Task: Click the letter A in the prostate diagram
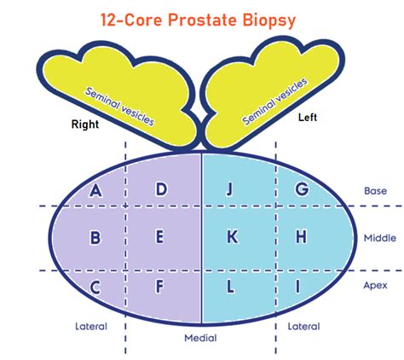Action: pyautogui.click(x=95, y=190)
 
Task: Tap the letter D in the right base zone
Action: pyautogui.click(x=161, y=189)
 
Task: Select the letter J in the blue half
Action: pyautogui.click(x=229, y=189)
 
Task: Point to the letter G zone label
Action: pyautogui.click(x=302, y=189)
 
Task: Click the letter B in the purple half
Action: pyautogui.click(x=95, y=238)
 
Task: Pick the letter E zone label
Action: pyautogui.click(x=160, y=236)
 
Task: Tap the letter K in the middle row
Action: pyautogui.click(x=233, y=236)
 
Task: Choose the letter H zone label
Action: pyautogui.click(x=302, y=236)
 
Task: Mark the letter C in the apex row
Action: pyautogui.click(x=95, y=287)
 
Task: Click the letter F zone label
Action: pyautogui.click(x=160, y=287)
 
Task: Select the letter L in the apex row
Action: pyautogui.click(x=230, y=287)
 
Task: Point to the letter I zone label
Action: pyautogui.click(x=297, y=287)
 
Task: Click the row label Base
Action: pyautogui.click(x=375, y=191)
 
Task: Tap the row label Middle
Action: pyautogui.click(x=380, y=238)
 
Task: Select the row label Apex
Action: pyautogui.click(x=375, y=285)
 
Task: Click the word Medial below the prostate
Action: pyautogui.click(x=200, y=338)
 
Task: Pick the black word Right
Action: pyautogui.click(x=85, y=125)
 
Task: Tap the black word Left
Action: pyautogui.click(x=308, y=117)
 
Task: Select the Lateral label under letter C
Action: pyautogui.click(x=91, y=326)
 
